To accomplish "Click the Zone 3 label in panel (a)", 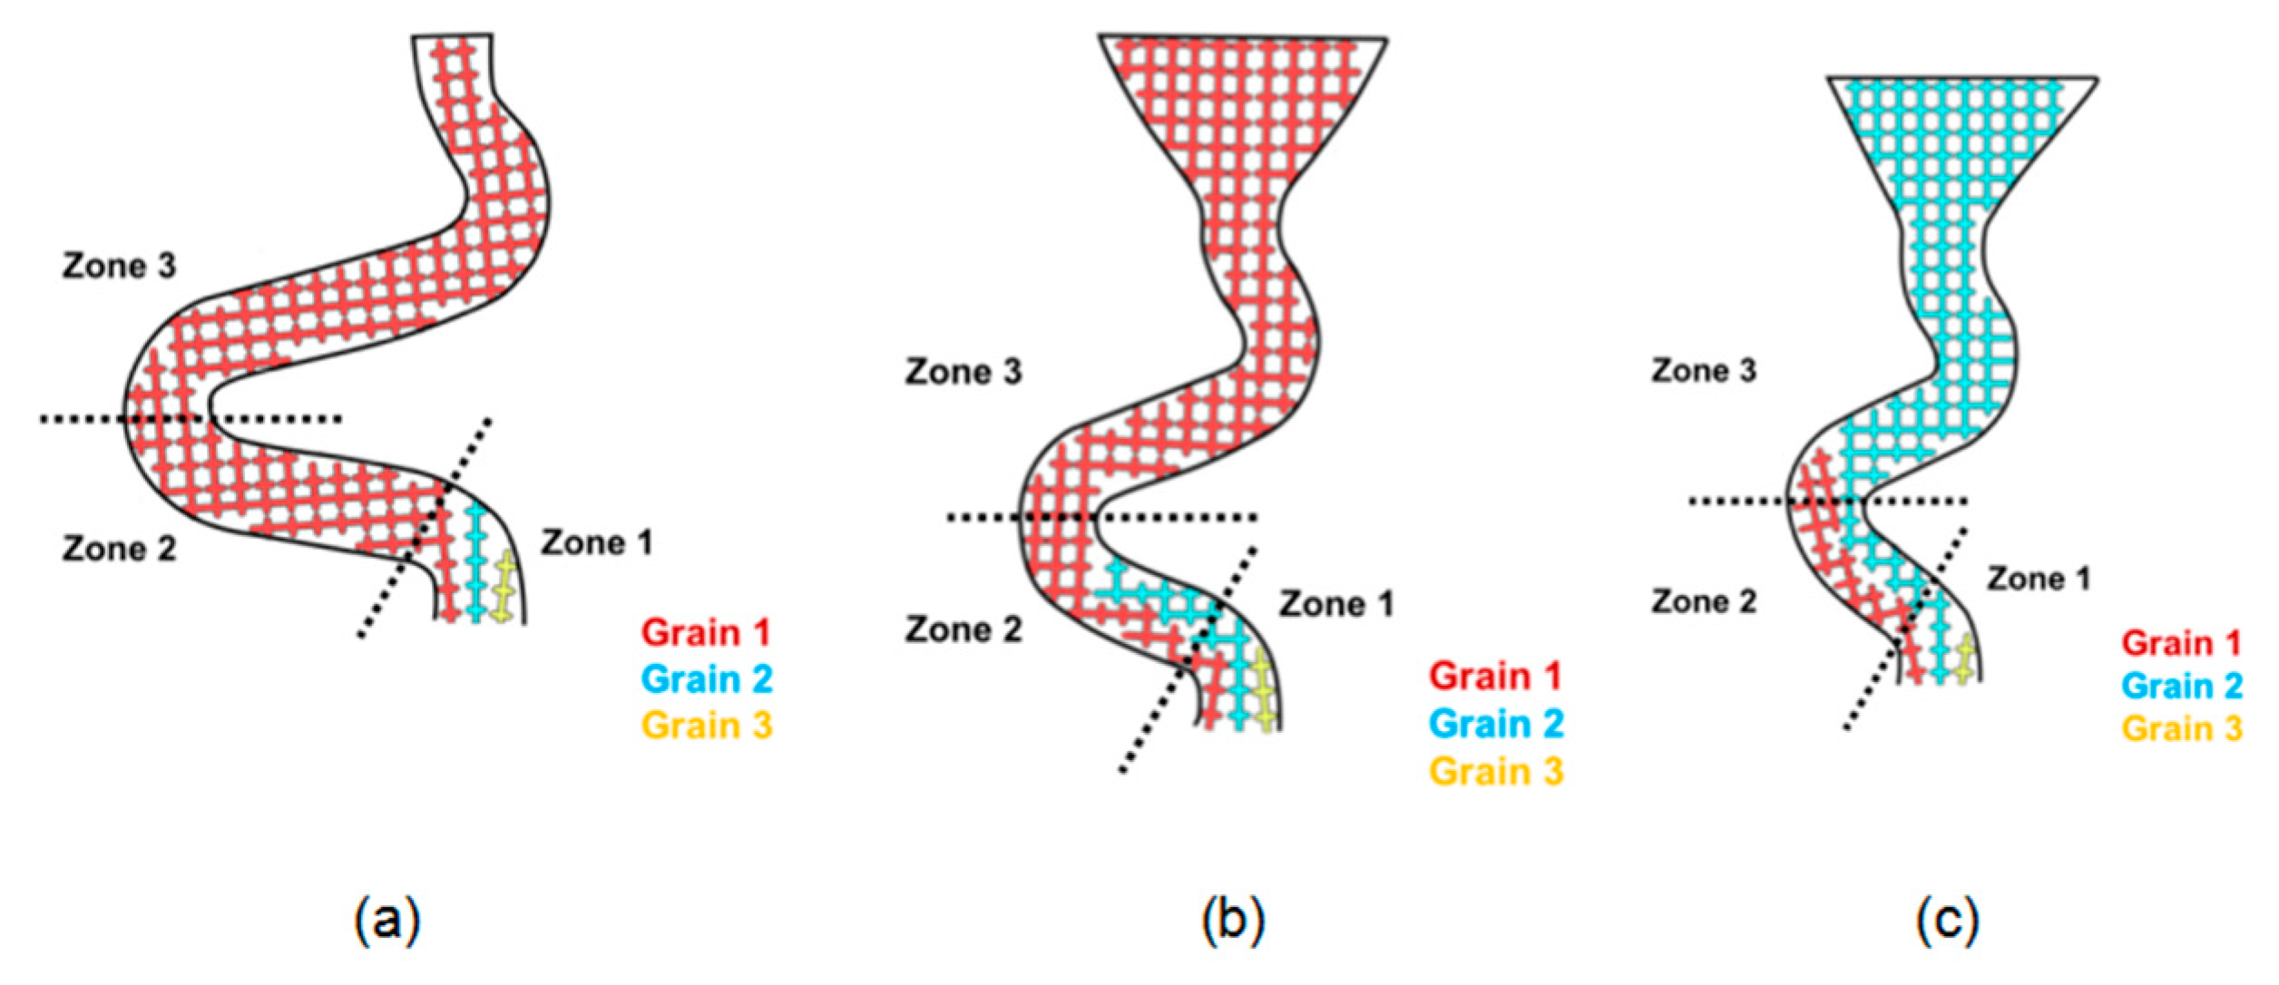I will point(119,266).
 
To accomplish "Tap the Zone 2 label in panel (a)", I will point(119,549).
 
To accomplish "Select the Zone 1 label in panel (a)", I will point(596,542).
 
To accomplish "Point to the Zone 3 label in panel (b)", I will point(963,371).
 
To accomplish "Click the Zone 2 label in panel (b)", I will point(963,629).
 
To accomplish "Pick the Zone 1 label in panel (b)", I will point(1335,604).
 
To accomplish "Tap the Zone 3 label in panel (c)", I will point(1703,370).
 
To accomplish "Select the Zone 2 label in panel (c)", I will point(1703,601).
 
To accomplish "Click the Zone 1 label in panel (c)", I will point(2039,579).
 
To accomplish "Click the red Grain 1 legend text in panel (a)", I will point(706,632).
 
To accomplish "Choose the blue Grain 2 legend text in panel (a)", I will point(706,678).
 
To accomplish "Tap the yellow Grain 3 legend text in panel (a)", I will point(706,726).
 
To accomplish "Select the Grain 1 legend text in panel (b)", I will point(1495,676).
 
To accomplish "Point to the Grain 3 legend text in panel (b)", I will point(1495,771).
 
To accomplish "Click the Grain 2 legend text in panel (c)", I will point(2181,686).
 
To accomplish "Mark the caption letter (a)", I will point(387,921).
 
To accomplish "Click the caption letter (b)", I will point(1232,921).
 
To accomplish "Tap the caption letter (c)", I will point(1948,921).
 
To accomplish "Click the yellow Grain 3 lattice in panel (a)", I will point(503,590).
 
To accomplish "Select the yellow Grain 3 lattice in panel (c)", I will point(1965,660).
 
